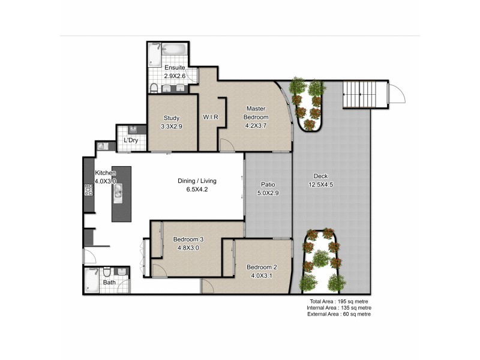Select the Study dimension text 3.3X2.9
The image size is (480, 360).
(x=172, y=127)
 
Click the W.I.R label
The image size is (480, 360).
(x=210, y=117)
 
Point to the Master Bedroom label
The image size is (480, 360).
(x=256, y=113)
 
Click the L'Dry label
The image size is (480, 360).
(x=131, y=140)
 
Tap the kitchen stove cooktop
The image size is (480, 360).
(x=89, y=190)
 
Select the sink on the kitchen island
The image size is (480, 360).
(x=119, y=192)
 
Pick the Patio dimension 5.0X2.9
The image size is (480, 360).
(x=267, y=193)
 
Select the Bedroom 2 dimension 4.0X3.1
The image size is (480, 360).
(x=262, y=275)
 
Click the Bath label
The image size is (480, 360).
(x=109, y=282)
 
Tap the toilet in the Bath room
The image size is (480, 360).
(x=107, y=271)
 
